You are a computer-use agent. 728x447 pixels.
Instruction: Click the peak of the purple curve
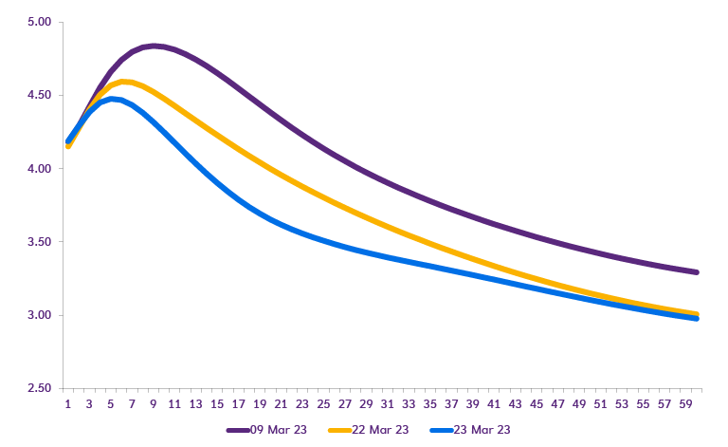point(154,46)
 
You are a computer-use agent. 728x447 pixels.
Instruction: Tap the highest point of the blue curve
point(113,99)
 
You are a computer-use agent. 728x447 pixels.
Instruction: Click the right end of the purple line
point(697,272)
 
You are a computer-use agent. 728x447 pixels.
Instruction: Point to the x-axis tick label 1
point(68,402)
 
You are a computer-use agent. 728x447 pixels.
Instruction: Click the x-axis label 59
point(685,402)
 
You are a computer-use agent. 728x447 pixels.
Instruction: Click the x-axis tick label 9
point(154,402)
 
